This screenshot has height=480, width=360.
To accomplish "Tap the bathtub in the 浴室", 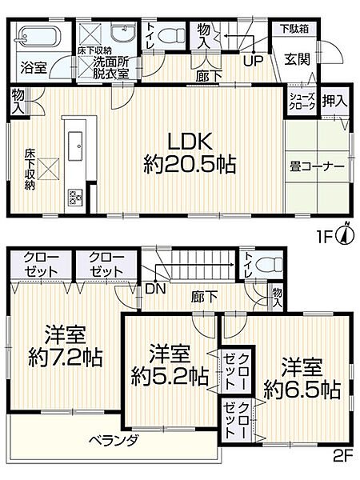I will tap(37, 38).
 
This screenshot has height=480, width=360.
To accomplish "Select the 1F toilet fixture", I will tap(168, 36).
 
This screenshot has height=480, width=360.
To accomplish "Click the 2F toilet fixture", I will tap(270, 264).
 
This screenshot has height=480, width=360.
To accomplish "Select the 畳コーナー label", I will tap(317, 166).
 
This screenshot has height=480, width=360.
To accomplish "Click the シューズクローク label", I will tap(302, 101).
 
